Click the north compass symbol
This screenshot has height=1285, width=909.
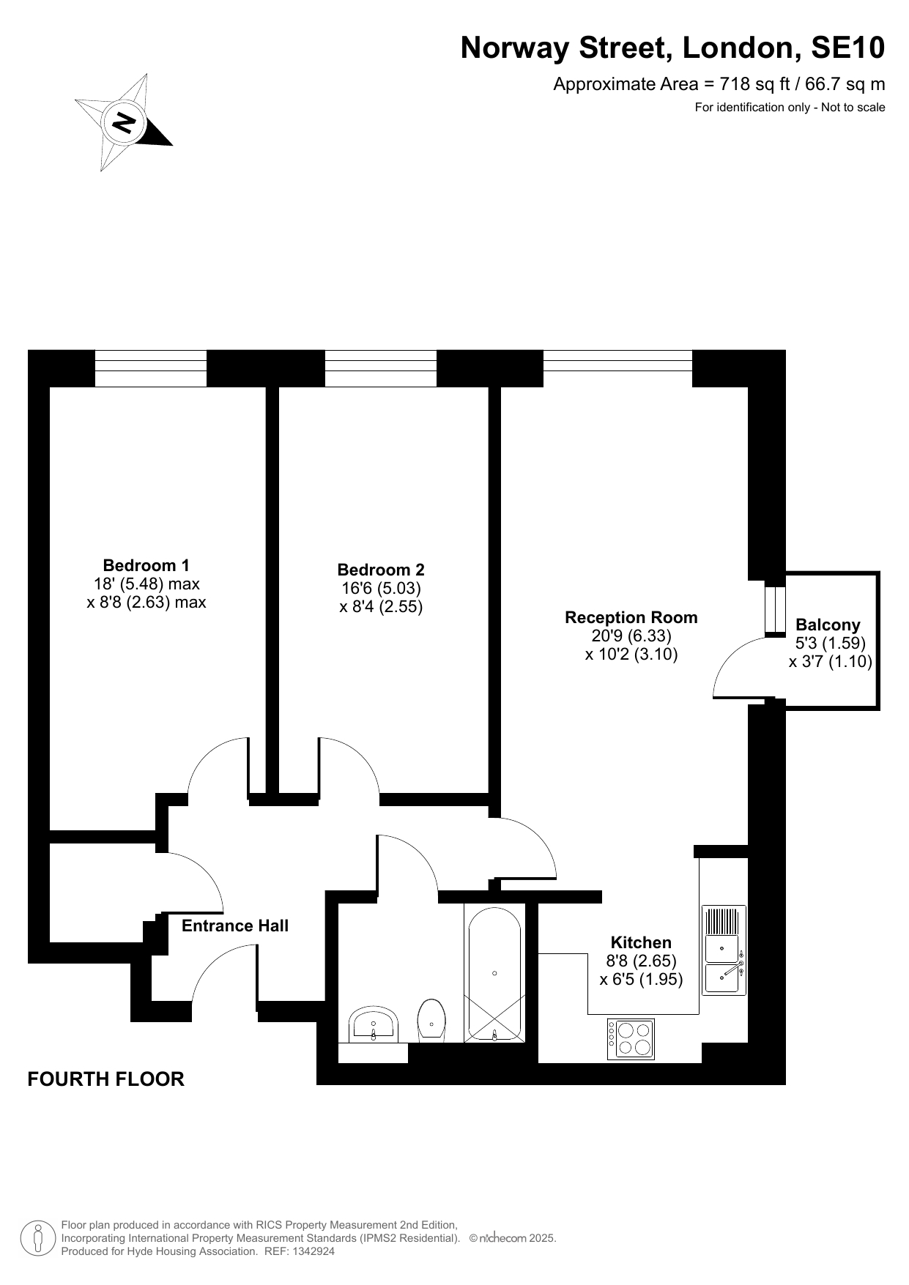(123, 122)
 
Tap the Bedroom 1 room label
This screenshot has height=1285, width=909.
(146, 565)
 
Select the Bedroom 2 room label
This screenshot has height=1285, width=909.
(381, 570)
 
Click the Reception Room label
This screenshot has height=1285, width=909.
(631, 617)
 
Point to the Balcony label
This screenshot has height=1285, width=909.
(828, 625)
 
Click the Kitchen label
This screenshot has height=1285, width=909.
(641, 942)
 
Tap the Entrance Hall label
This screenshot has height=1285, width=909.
(235, 925)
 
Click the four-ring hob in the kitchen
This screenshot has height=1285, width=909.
(631, 1039)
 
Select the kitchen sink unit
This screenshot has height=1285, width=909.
(724, 950)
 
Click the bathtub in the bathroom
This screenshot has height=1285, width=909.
(494, 972)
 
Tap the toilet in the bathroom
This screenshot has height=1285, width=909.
(431, 1021)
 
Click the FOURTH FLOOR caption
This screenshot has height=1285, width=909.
(105, 1079)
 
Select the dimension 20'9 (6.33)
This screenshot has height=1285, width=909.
(631, 636)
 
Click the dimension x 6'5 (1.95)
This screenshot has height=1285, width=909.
(641, 979)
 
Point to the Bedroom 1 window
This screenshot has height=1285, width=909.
(151, 368)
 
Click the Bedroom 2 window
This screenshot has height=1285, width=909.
(381, 368)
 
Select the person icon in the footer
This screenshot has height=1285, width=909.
(37, 1238)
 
